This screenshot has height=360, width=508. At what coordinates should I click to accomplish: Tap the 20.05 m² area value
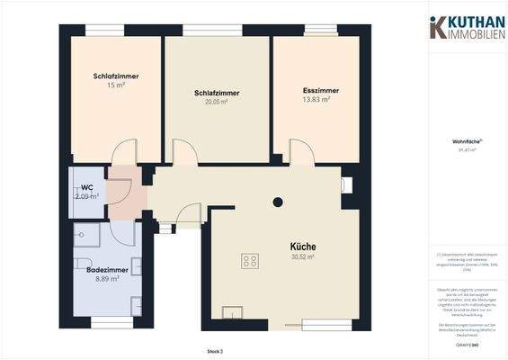[217, 103]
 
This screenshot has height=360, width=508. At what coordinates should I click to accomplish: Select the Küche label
[302, 247]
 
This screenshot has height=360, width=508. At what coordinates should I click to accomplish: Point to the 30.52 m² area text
[302, 257]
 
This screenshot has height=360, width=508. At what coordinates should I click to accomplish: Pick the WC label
[87, 187]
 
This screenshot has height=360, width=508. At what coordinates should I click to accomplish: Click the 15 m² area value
[114, 85]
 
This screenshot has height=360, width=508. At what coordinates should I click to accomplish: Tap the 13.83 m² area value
[316, 100]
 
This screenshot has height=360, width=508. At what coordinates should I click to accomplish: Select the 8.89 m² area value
[107, 279]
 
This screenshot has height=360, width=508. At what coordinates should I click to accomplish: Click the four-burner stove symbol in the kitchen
[251, 262]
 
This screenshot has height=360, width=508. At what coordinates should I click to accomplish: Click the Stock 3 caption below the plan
[214, 351]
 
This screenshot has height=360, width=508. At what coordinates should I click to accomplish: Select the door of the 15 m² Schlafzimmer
[124, 152]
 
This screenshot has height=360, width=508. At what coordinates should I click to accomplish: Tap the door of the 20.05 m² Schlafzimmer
[184, 153]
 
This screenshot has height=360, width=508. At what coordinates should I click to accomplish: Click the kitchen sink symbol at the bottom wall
[234, 314]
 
